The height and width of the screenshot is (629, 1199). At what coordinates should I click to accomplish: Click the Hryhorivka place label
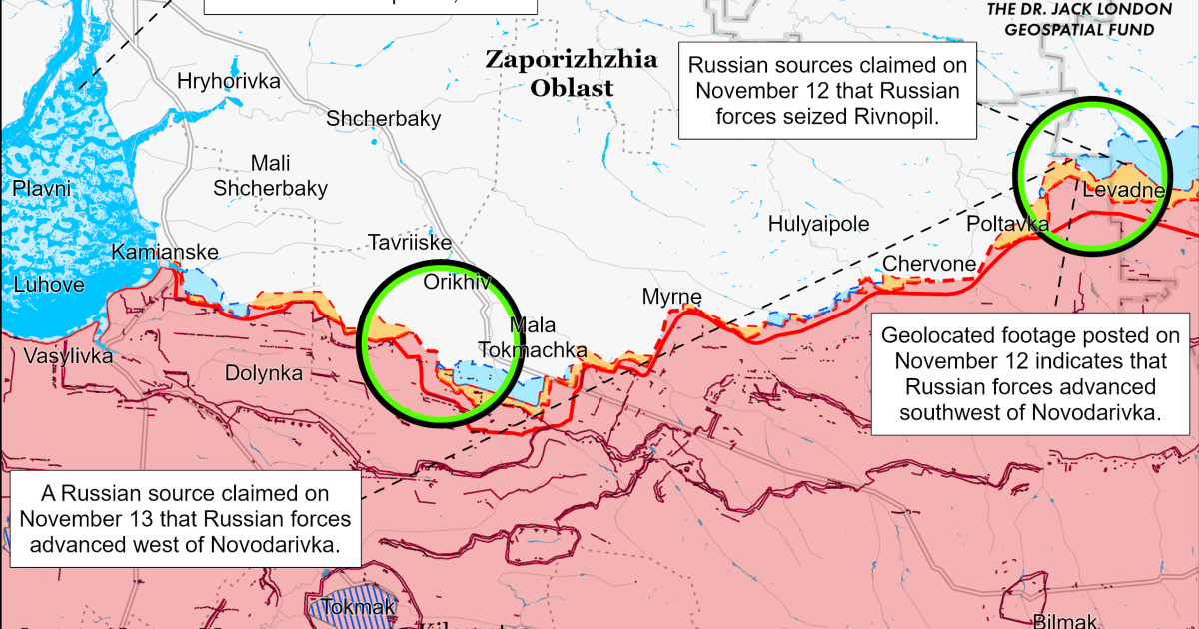pos(228,82)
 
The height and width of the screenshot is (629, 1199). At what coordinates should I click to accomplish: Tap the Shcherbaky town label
pos(384,119)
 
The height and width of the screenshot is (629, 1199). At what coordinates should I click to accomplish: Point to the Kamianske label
pos(157,252)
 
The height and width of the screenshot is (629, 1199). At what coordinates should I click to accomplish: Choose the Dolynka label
pos(264,373)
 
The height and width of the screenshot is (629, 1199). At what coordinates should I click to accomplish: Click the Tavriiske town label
pos(410,243)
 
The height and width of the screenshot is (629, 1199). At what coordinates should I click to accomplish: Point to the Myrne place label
pos(671,298)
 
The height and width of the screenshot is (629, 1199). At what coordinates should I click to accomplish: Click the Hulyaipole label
pos(818,224)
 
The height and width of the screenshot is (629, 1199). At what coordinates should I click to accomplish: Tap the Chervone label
pos(928,263)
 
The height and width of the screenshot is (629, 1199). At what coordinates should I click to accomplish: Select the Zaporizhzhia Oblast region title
pos(572,73)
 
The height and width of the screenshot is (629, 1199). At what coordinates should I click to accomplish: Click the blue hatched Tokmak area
pos(352,606)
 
